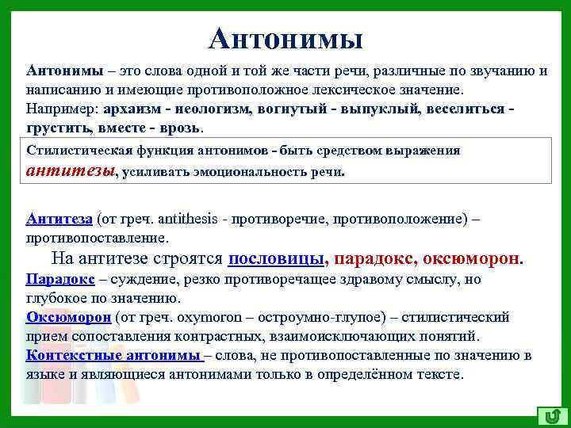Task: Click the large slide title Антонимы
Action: click(287, 37)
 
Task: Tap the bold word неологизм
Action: click(209, 108)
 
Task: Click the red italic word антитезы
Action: click(70, 168)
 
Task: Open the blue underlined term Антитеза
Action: click(59, 220)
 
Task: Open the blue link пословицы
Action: click(277, 258)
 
